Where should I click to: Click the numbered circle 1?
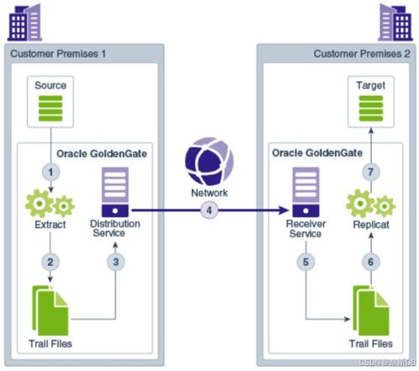click(x=52, y=171)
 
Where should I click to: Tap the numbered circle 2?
click(x=52, y=262)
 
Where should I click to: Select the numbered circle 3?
click(x=115, y=262)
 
